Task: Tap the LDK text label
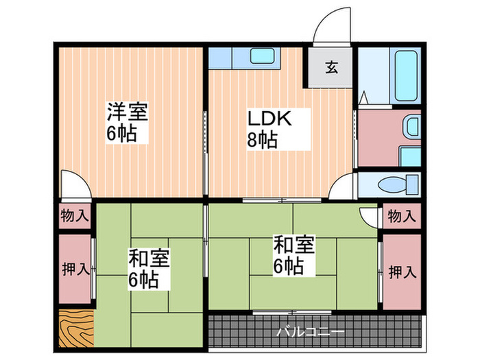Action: (x=270, y=119)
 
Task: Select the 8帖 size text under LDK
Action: (x=263, y=141)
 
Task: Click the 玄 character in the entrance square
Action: (x=331, y=67)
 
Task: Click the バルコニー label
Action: (x=310, y=332)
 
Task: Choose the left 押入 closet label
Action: (x=75, y=269)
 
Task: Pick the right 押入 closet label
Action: (x=402, y=272)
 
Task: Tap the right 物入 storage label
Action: (x=402, y=216)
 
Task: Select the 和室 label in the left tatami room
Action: (x=149, y=259)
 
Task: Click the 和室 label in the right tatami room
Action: (x=294, y=244)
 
